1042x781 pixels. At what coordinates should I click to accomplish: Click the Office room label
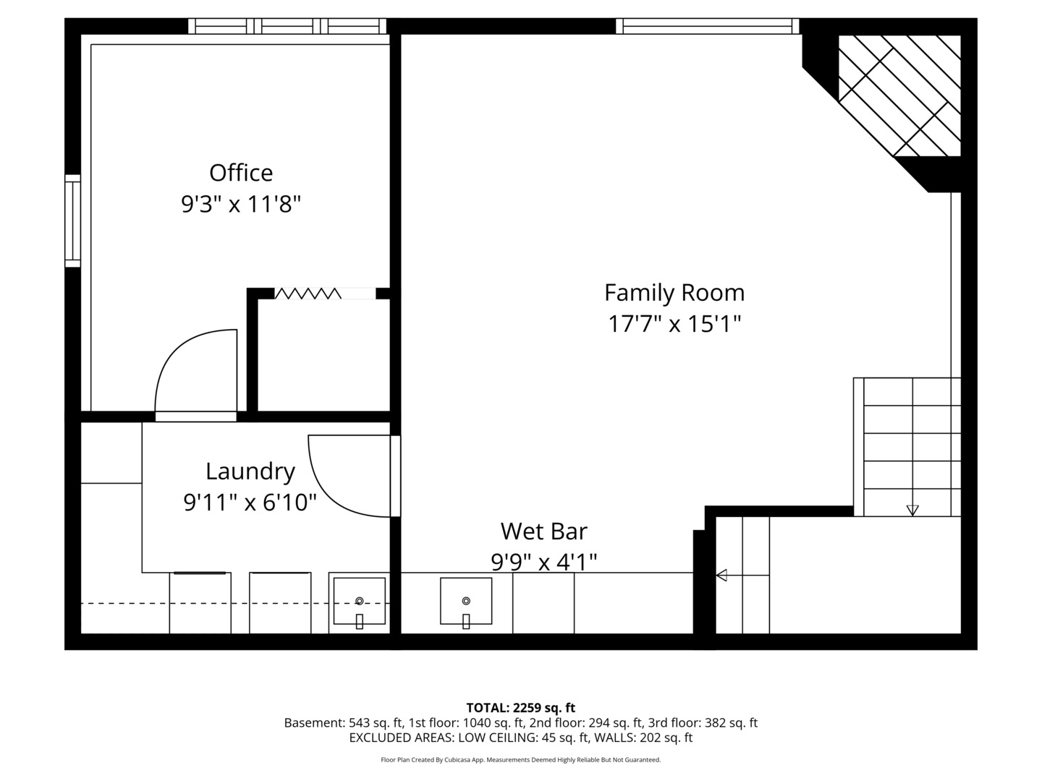(x=241, y=173)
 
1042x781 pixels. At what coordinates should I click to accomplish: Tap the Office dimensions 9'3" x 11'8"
(x=240, y=205)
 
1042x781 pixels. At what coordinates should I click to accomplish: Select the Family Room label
(x=674, y=293)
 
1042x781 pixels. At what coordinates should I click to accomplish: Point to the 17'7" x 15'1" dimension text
(x=674, y=324)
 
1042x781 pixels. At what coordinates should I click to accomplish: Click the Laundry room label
(x=250, y=471)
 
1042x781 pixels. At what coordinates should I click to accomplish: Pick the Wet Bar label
(x=543, y=532)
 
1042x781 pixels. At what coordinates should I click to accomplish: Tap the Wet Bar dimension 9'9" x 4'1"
(x=543, y=562)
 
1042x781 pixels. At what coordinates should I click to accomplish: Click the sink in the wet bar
(x=466, y=601)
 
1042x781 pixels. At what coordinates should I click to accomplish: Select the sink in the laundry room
(x=359, y=601)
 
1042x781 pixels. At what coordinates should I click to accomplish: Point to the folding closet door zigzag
(x=308, y=294)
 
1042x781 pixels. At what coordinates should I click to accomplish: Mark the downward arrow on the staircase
(x=912, y=510)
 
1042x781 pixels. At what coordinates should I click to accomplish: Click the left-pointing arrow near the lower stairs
(x=721, y=576)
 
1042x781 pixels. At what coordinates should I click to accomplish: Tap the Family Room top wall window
(x=707, y=27)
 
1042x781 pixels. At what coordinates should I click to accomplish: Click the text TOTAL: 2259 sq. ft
(x=520, y=707)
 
